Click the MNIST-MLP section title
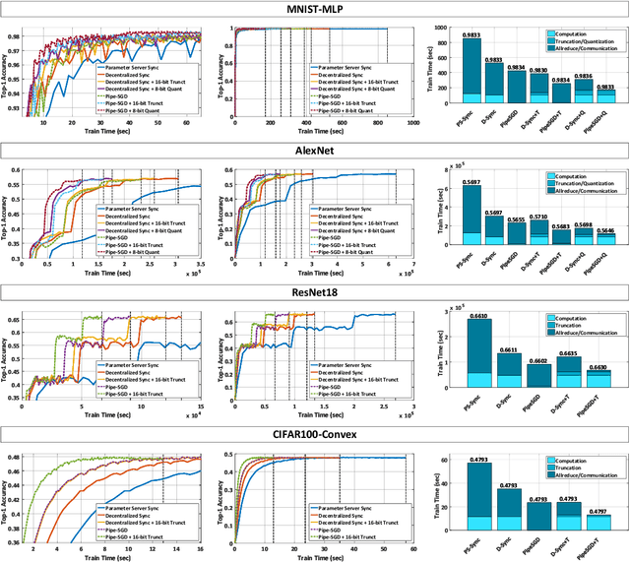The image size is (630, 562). point(315,9)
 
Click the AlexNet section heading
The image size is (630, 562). point(315,151)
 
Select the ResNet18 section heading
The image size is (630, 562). point(315,291)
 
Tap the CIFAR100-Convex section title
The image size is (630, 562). point(315,432)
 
